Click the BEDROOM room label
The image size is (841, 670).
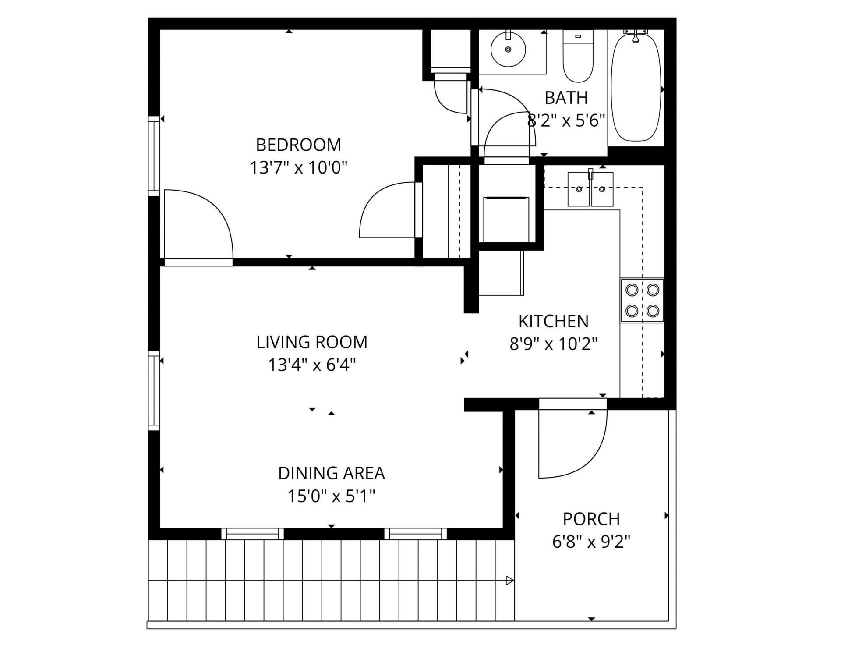(298, 145)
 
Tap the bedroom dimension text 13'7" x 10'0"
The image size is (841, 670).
(298, 167)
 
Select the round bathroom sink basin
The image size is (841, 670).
(508, 49)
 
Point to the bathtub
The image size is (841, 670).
(636, 88)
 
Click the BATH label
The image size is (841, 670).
(566, 98)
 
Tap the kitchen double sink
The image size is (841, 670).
(590, 189)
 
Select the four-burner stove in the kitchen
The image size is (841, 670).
(642, 301)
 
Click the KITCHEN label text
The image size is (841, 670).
(553, 321)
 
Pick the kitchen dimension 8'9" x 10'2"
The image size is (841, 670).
(553, 344)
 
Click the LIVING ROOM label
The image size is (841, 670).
(311, 342)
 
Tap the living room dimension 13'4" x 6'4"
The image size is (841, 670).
(311, 365)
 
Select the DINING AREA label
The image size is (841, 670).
(331, 473)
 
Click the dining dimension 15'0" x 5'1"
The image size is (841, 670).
(331, 496)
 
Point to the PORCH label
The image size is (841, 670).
(591, 519)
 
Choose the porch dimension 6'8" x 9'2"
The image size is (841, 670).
(591, 542)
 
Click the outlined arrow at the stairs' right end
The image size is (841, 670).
(509, 581)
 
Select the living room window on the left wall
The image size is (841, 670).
(153, 390)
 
